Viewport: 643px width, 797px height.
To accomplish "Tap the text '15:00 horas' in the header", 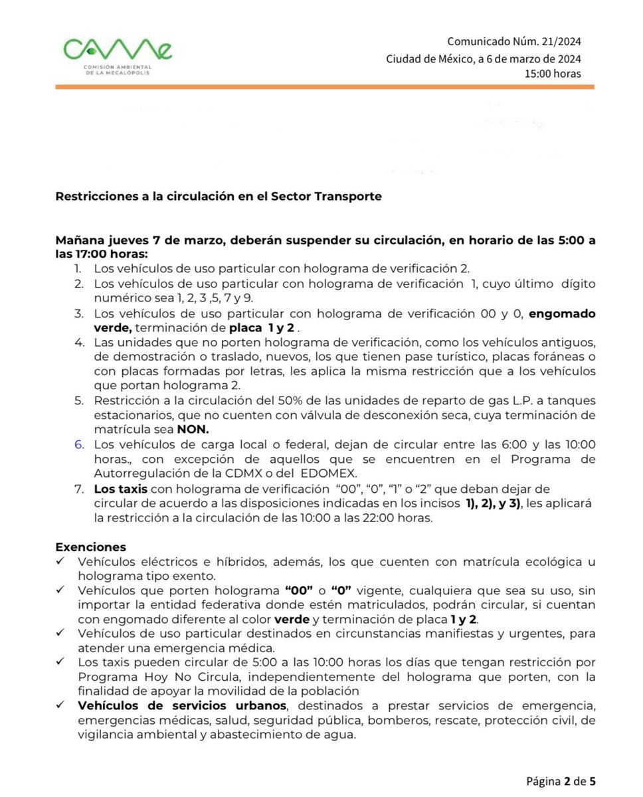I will coord(553,74).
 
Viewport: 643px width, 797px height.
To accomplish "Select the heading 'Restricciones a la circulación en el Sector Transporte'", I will coord(219,197).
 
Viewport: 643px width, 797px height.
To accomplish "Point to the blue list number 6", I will coord(78,444).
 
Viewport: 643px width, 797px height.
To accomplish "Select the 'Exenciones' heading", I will coord(90,547).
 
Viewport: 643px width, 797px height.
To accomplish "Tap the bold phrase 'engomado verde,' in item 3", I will coord(561,313).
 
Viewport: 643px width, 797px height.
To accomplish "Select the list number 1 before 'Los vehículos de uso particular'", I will coord(78,268).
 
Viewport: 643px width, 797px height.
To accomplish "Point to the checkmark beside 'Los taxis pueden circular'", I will coord(60,662).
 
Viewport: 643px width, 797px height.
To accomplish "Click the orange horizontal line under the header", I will coord(325,87).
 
